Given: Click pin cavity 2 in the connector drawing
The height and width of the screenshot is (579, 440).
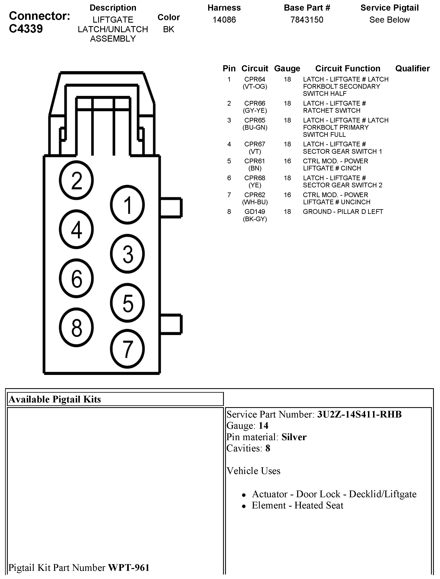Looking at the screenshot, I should [x=76, y=180].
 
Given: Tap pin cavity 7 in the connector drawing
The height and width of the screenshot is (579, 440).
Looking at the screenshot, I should [x=127, y=349].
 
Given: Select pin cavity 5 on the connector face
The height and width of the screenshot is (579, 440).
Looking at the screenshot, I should [x=127, y=303].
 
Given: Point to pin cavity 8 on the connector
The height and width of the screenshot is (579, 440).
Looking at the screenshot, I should [x=76, y=327].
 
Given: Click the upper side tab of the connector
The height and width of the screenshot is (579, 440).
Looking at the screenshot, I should [x=171, y=208].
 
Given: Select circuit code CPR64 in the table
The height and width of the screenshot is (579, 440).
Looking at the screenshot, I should [x=255, y=79].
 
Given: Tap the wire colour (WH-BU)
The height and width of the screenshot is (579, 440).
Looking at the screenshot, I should [x=255, y=202].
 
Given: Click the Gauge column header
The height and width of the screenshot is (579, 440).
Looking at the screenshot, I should [x=287, y=69].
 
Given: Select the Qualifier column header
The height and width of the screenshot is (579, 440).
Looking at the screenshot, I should [x=412, y=69].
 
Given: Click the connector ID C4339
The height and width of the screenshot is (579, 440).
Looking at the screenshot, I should [x=26, y=29].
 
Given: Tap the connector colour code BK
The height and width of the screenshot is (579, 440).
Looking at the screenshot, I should [x=169, y=29].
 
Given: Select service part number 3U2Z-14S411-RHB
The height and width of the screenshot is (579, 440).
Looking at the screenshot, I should [x=359, y=414].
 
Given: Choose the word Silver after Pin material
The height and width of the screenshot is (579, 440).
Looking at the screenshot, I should [x=294, y=437].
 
